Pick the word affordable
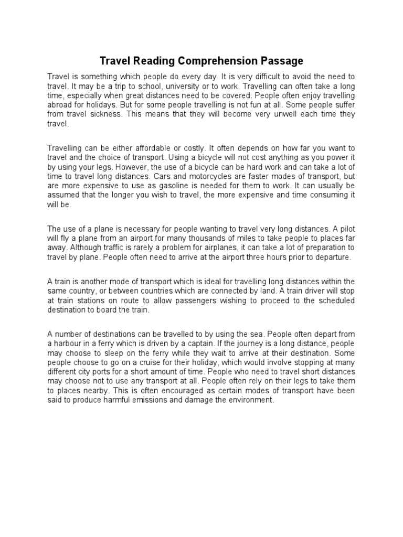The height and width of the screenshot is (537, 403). tap(135, 148)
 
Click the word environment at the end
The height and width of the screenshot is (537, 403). tap(250, 400)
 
